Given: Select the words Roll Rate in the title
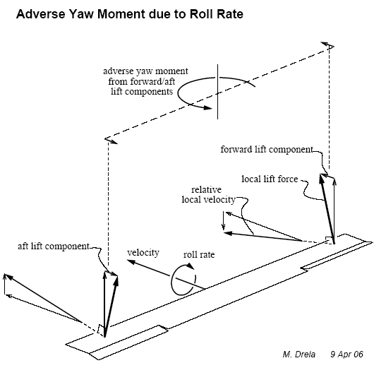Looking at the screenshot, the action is click(217, 14).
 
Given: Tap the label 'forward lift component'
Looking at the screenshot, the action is click(267, 149).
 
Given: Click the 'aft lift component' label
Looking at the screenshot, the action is click(54, 246).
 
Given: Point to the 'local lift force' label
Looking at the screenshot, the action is click(270, 179).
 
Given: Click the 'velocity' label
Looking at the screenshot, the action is click(143, 253).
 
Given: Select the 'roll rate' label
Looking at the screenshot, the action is click(199, 254).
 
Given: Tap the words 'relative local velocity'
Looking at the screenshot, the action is click(208, 195).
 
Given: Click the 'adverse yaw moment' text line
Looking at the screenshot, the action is click(145, 71).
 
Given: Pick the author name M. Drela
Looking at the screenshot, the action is click(299, 355).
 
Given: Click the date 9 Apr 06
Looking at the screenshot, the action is click(346, 355).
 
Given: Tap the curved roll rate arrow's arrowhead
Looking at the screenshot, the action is click(191, 266).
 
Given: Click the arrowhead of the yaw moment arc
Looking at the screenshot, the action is click(208, 107).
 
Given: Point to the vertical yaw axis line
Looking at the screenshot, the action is click(217, 92).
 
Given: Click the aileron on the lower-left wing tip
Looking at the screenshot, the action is click(128, 343).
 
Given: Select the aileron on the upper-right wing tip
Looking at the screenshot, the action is click(337, 256).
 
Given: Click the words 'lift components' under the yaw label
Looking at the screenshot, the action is click(142, 92).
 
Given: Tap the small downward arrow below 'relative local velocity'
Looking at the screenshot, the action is click(224, 221).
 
